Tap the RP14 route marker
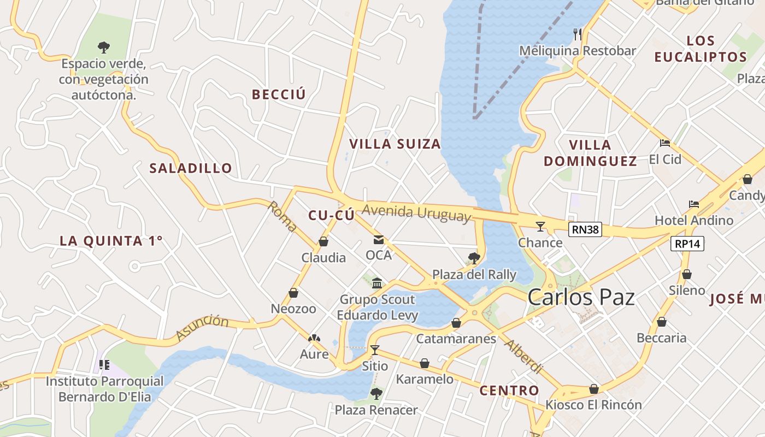click(687, 244)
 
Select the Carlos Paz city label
click(581, 298)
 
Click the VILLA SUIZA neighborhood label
click(395, 144)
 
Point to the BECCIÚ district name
click(279, 95)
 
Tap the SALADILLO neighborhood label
click(191, 168)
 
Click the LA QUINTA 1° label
click(111, 241)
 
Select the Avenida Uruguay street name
click(416, 213)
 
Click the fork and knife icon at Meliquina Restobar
click(578, 34)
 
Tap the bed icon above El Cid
click(664, 143)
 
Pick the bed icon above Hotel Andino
click(694, 204)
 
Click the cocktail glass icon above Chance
click(540, 226)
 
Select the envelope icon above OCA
click(379, 239)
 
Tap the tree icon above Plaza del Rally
click(474, 258)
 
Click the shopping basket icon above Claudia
click(323, 241)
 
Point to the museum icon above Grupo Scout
click(377, 283)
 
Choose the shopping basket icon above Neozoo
click(293, 293)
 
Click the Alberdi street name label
click(522, 357)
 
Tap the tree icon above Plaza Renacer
click(376, 393)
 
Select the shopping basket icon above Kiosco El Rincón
click(594, 389)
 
